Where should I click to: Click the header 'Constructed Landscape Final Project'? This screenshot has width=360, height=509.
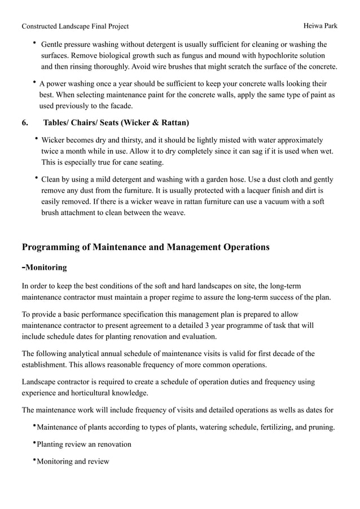point(75,26)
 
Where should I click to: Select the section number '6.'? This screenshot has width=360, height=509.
point(25,122)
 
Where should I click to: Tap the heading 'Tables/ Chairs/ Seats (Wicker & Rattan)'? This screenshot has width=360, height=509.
point(116,122)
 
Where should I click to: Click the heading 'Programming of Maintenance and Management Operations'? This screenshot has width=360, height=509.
point(145,247)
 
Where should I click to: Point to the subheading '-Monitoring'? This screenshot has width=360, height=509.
point(44,267)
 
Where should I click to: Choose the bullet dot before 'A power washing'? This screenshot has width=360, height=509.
point(35,83)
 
